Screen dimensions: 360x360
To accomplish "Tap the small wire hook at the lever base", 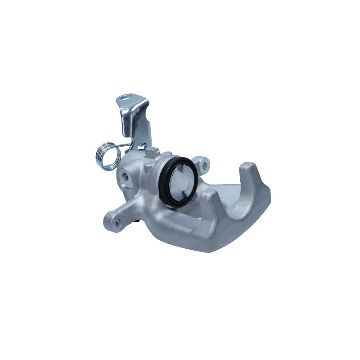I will coord(142,146).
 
